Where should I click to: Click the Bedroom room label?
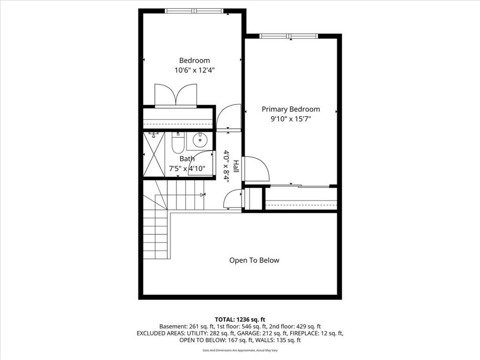point(195,60)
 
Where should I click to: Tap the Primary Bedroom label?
point(291,109)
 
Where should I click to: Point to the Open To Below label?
point(254,260)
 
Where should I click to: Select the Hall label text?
point(236,166)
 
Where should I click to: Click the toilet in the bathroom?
point(178,142)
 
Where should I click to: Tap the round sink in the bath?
point(200,141)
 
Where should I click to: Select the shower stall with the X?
point(154,154)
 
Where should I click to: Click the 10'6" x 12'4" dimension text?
point(195,70)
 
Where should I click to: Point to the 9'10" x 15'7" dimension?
point(291,119)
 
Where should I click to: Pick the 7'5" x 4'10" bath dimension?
point(187,168)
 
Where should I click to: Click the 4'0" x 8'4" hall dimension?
point(226,166)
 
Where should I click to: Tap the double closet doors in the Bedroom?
point(176,95)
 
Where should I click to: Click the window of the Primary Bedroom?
point(289,36)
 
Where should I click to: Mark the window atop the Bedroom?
point(194,11)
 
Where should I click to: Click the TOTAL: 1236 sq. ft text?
point(240,320)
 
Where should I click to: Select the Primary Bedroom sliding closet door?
point(300,186)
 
